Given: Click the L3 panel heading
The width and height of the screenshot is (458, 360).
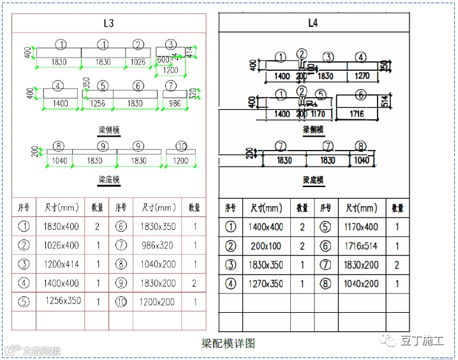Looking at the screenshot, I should (x=108, y=24).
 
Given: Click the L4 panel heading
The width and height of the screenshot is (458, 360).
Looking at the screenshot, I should (x=313, y=24).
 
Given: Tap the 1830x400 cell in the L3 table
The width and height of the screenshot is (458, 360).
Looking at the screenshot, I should (x=61, y=227).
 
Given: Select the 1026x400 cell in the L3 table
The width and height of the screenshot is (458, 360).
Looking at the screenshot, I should (x=61, y=245).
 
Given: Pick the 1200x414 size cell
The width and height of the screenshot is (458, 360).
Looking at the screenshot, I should (x=61, y=264).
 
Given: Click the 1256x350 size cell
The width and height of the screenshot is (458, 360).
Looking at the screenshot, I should (x=63, y=301).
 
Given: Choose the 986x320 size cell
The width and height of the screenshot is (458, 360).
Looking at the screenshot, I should (x=158, y=245).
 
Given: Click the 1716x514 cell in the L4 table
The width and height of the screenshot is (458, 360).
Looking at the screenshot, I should (x=362, y=246).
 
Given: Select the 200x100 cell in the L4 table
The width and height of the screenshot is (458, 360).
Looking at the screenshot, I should (x=265, y=246).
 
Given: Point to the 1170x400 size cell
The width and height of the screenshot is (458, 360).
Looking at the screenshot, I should (x=362, y=227).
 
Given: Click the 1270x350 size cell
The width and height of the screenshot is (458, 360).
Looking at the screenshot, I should (x=265, y=284).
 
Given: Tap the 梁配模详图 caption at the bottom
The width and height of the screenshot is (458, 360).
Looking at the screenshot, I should (x=228, y=343).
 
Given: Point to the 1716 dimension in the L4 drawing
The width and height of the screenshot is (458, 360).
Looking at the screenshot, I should (x=357, y=114).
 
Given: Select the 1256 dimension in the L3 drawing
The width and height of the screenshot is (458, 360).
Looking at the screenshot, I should (x=98, y=103).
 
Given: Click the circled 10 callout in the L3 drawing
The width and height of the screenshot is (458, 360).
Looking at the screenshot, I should (x=181, y=146).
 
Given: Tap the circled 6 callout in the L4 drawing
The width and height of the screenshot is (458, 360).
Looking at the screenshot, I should (x=361, y=95).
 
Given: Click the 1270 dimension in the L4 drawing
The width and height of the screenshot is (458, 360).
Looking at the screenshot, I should (x=362, y=76).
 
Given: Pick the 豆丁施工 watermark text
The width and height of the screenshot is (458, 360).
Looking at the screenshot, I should (x=422, y=341).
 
